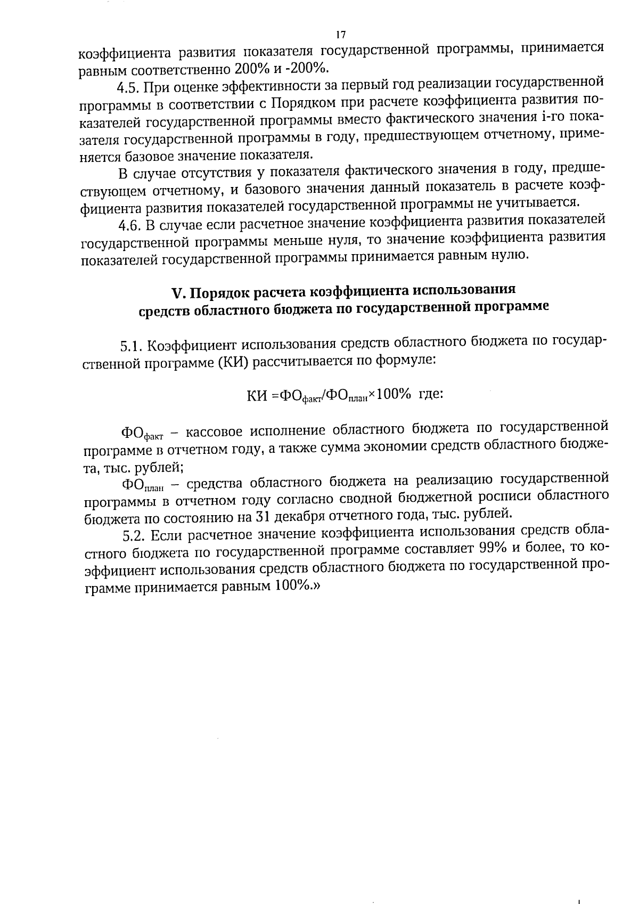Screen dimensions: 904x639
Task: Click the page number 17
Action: tap(341, 35)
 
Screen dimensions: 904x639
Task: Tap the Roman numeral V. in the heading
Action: tap(178, 293)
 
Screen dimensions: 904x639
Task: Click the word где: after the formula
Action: tap(431, 394)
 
